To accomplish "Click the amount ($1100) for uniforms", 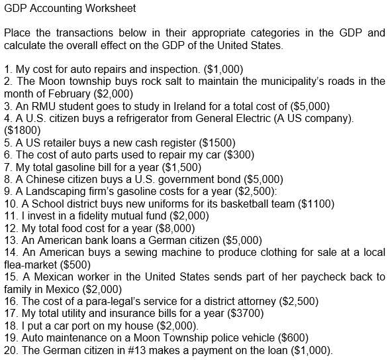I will click(x=317, y=204).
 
